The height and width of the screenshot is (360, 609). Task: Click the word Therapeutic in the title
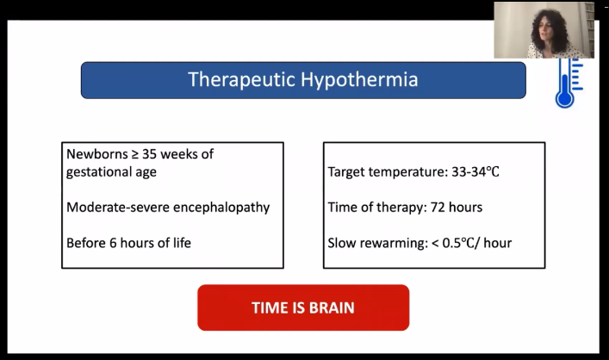pos(241,79)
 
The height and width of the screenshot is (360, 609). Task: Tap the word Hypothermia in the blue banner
pos(359,79)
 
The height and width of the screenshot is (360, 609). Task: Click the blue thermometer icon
pos(569,83)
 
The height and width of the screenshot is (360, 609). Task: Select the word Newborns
pos(97,154)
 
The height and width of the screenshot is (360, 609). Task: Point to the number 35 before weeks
pos(149,154)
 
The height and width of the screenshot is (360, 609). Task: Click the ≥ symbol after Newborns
pos(134,154)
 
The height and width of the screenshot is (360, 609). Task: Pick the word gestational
pos(99,172)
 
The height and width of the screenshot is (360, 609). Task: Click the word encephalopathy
pos(221,208)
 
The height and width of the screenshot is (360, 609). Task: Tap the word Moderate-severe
pos(118,207)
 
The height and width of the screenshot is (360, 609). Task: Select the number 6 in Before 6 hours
pos(113,243)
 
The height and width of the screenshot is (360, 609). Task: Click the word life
pos(182,243)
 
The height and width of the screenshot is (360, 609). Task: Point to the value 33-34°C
pos(475,171)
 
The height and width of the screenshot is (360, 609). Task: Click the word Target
pos(346,172)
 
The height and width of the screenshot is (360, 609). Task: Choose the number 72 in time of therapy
pos(438,208)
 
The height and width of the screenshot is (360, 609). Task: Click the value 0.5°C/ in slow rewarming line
pos(462,243)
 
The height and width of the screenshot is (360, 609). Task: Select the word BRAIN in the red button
pos(332,308)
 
